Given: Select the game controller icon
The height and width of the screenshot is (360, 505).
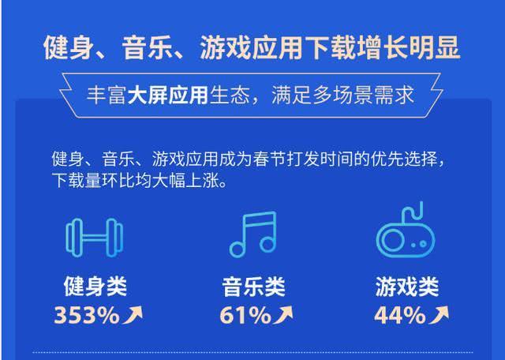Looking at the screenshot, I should [406, 234].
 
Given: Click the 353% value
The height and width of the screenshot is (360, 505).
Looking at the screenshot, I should [86, 316].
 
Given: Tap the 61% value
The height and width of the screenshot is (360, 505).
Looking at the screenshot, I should [245, 316].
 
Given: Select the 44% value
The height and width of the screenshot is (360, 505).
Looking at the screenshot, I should [399, 316].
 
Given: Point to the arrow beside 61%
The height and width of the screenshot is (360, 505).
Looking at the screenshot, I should [284, 316].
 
